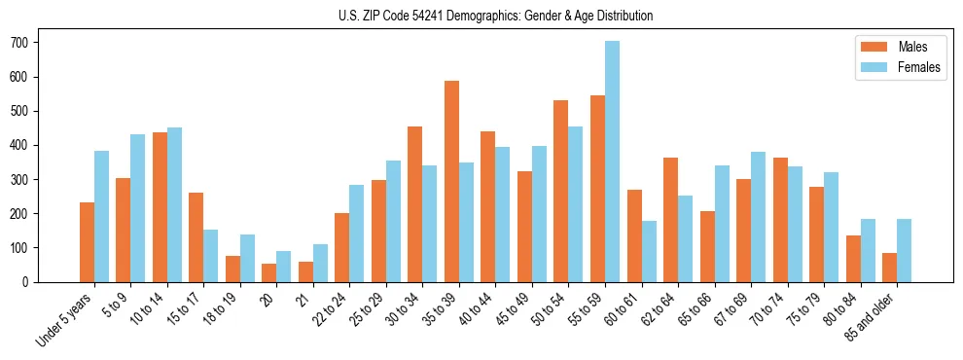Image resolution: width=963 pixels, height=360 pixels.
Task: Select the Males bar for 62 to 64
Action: click(670, 220)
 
